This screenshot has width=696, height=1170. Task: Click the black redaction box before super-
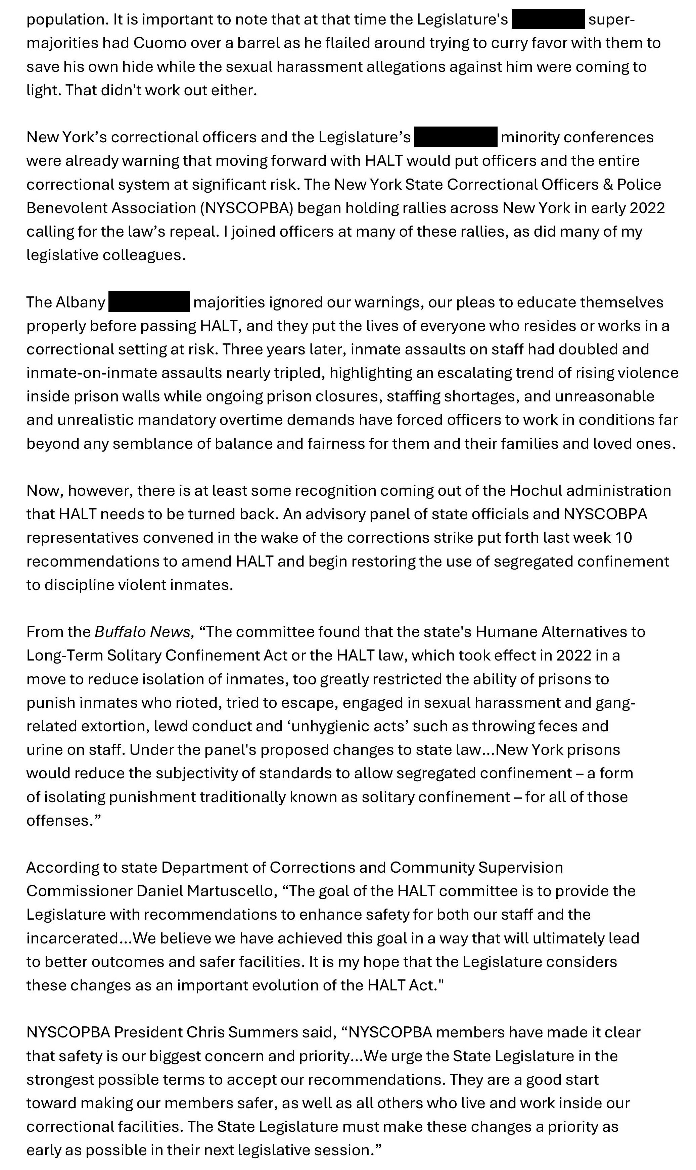[548, 19]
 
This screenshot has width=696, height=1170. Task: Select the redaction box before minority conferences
[455, 137]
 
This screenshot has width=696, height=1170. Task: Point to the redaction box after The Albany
[149, 302]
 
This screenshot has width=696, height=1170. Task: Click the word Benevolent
[66, 208]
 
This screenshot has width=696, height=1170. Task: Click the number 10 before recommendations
[623, 537]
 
